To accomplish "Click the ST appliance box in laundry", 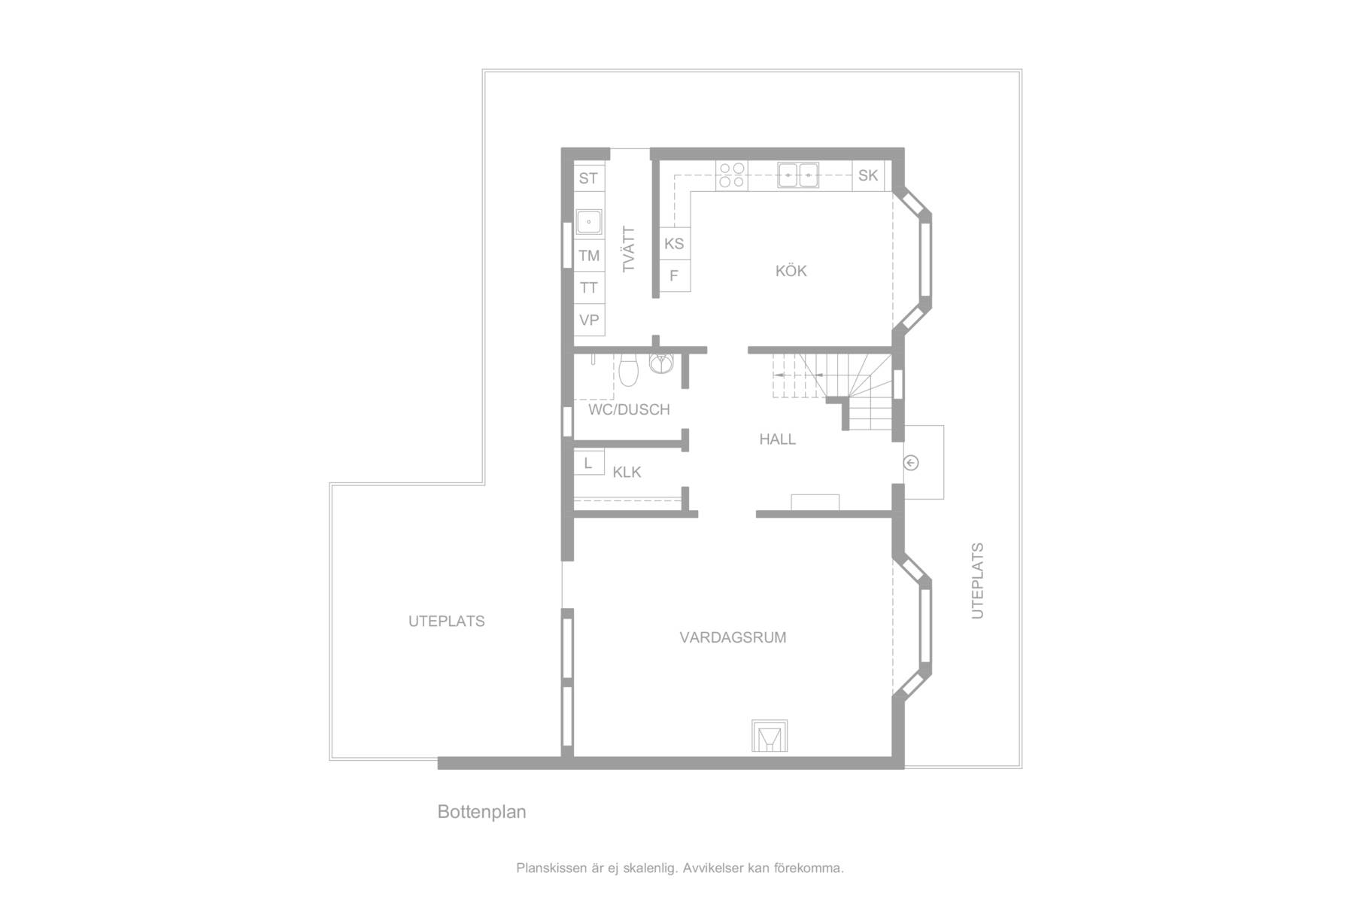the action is coord(589,178).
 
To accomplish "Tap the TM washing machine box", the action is coord(589,256).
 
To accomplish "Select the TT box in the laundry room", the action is coord(589,287).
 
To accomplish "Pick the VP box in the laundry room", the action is coord(589,320).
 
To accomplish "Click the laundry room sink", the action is coord(589,222).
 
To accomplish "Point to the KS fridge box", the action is coord(675,243).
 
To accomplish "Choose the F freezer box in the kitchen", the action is coord(675,275).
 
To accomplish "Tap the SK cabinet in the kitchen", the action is coord(868,175).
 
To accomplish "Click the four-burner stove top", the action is coord(731,175).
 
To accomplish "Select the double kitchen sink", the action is coord(798,175).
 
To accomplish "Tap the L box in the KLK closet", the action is coord(589,463).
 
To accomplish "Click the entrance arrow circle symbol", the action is coord(911,463).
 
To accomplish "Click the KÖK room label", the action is coord(791,271).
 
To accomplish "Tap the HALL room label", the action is coord(778,439).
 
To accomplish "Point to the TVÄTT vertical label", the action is coord(630,249).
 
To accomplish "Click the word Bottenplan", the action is coord(482,812).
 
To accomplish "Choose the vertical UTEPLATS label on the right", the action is coord(978,580).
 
